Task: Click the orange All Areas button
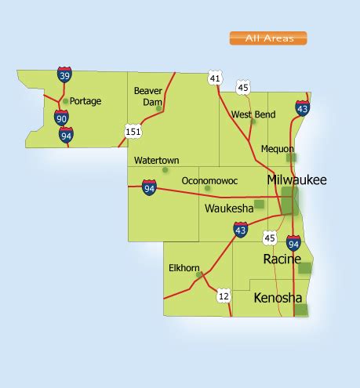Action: click(267, 38)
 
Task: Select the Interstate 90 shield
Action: click(62, 118)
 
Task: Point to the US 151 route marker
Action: click(133, 131)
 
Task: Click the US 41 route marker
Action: click(215, 78)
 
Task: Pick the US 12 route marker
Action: click(224, 296)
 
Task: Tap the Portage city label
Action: click(85, 100)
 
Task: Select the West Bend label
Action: click(253, 114)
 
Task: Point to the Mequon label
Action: click(277, 148)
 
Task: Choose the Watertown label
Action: click(156, 160)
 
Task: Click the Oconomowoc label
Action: click(206, 179)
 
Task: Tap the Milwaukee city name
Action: click(296, 180)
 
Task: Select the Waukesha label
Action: click(228, 209)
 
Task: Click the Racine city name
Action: click(282, 259)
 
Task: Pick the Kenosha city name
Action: click(278, 299)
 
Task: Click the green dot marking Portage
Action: click(65, 101)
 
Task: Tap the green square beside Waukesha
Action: click(259, 205)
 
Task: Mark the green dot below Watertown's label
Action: click(165, 169)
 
